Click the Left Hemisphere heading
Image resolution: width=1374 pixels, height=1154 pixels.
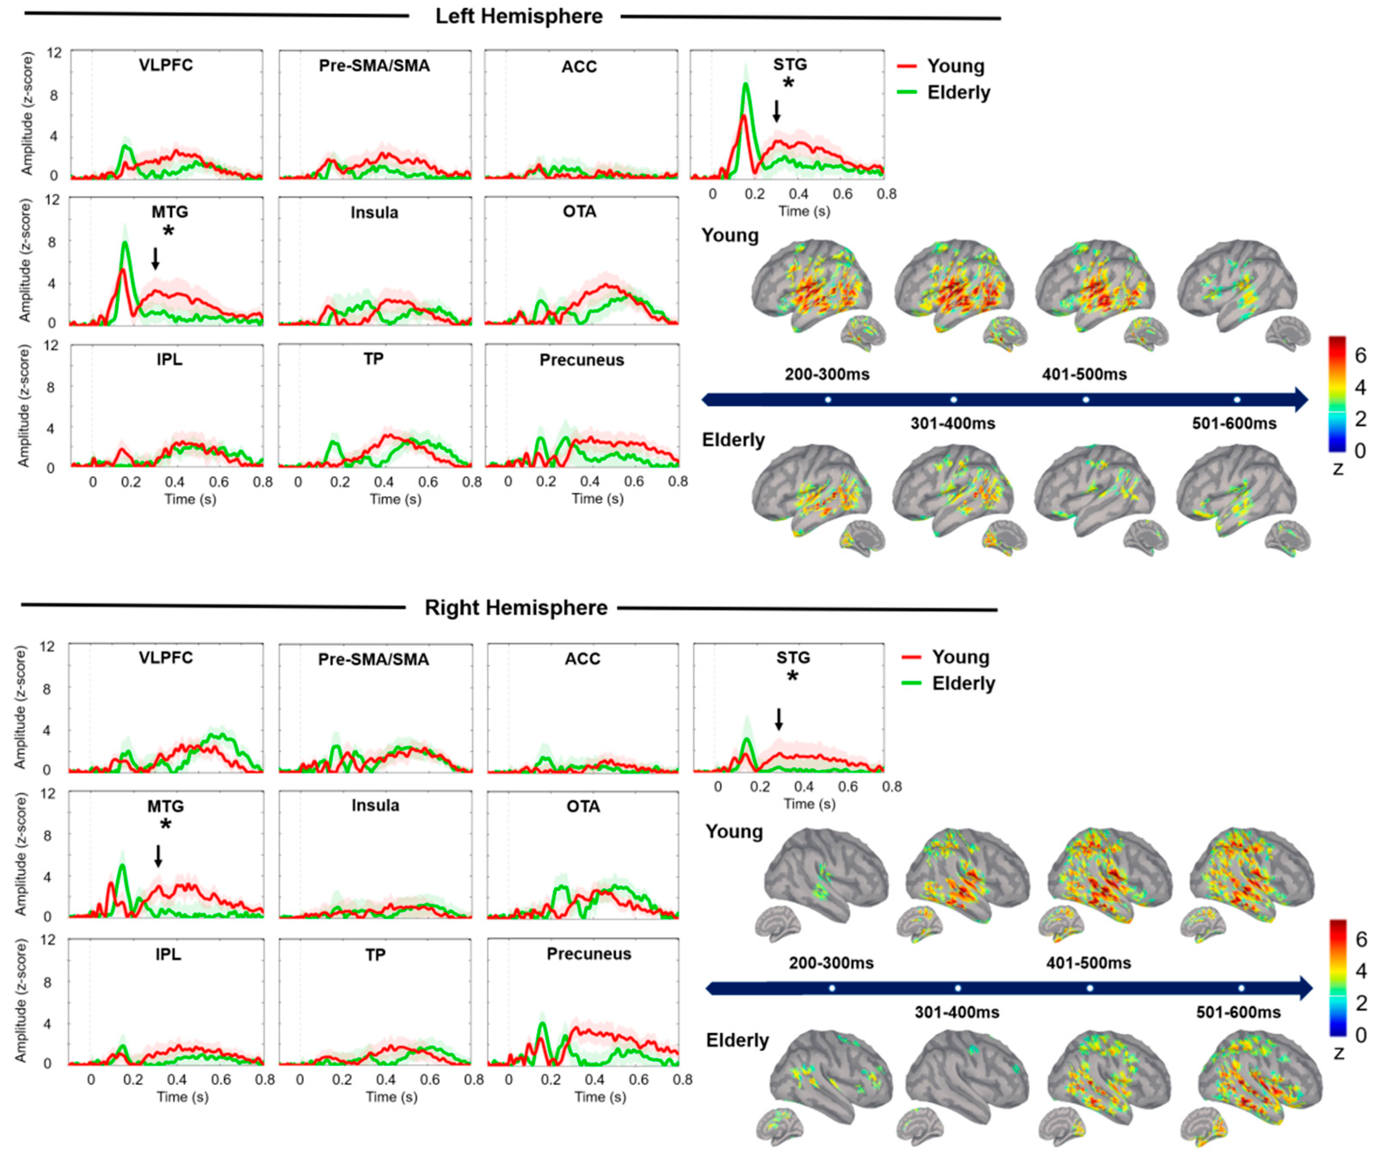click(519, 16)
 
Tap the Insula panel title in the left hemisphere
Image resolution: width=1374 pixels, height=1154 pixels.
click(374, 213)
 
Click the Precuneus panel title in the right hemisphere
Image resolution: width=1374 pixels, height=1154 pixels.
click(588, 954)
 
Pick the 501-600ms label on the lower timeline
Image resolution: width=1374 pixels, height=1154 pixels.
click(1238, 1012)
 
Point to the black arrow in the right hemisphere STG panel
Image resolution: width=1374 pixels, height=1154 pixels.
click(778, 719)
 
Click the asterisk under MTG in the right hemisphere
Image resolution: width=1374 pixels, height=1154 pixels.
click(166, 825)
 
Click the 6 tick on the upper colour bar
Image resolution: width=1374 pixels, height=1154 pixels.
click(1360, 355)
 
